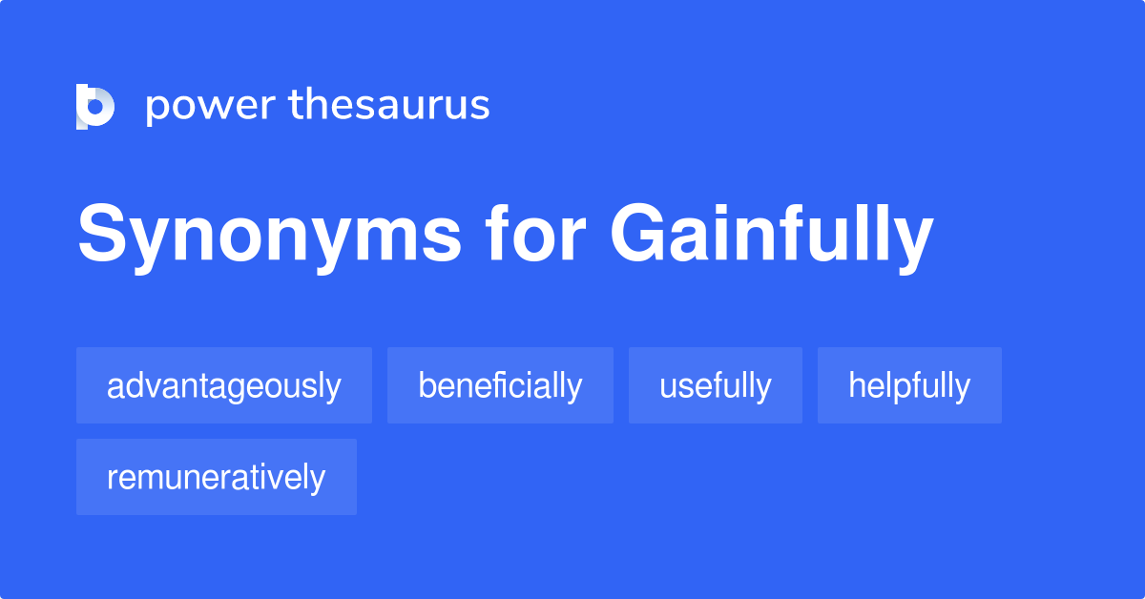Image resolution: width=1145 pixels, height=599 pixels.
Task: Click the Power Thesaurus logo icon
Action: [x=95, y=106]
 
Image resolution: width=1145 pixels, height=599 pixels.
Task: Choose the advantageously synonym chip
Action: [x=224, y=385]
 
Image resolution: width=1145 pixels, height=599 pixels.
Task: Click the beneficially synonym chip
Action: [x=500, y=385]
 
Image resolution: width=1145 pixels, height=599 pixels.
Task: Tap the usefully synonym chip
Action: [x=716, y=385]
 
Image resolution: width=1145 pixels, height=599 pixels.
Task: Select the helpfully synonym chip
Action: [x=909, y=385]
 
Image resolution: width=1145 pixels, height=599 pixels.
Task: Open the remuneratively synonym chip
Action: [x=217, y=477]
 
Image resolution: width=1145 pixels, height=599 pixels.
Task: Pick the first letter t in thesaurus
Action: [x=296, y=105]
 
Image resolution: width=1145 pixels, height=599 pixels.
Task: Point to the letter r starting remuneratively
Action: [x=112, y=479]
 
